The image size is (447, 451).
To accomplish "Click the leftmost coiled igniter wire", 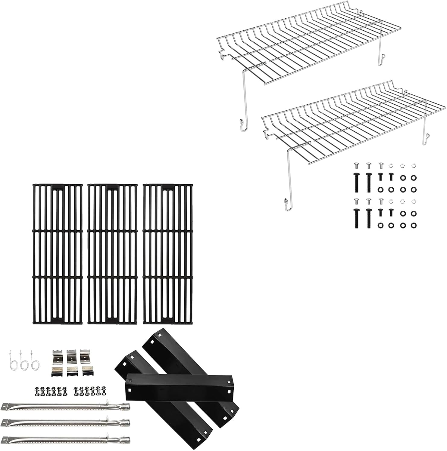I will tap(12, 360).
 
